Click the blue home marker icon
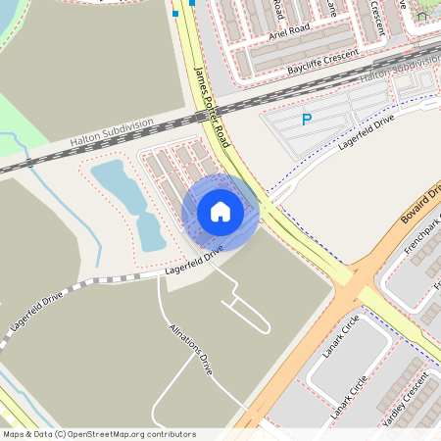(220, 211)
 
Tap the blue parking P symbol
(306, 120)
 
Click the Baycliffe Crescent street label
(323, 61)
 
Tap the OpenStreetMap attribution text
(98, 433)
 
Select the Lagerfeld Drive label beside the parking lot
(365, 128)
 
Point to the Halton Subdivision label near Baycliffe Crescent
(400, 68)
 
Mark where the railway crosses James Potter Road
(216, 119)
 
